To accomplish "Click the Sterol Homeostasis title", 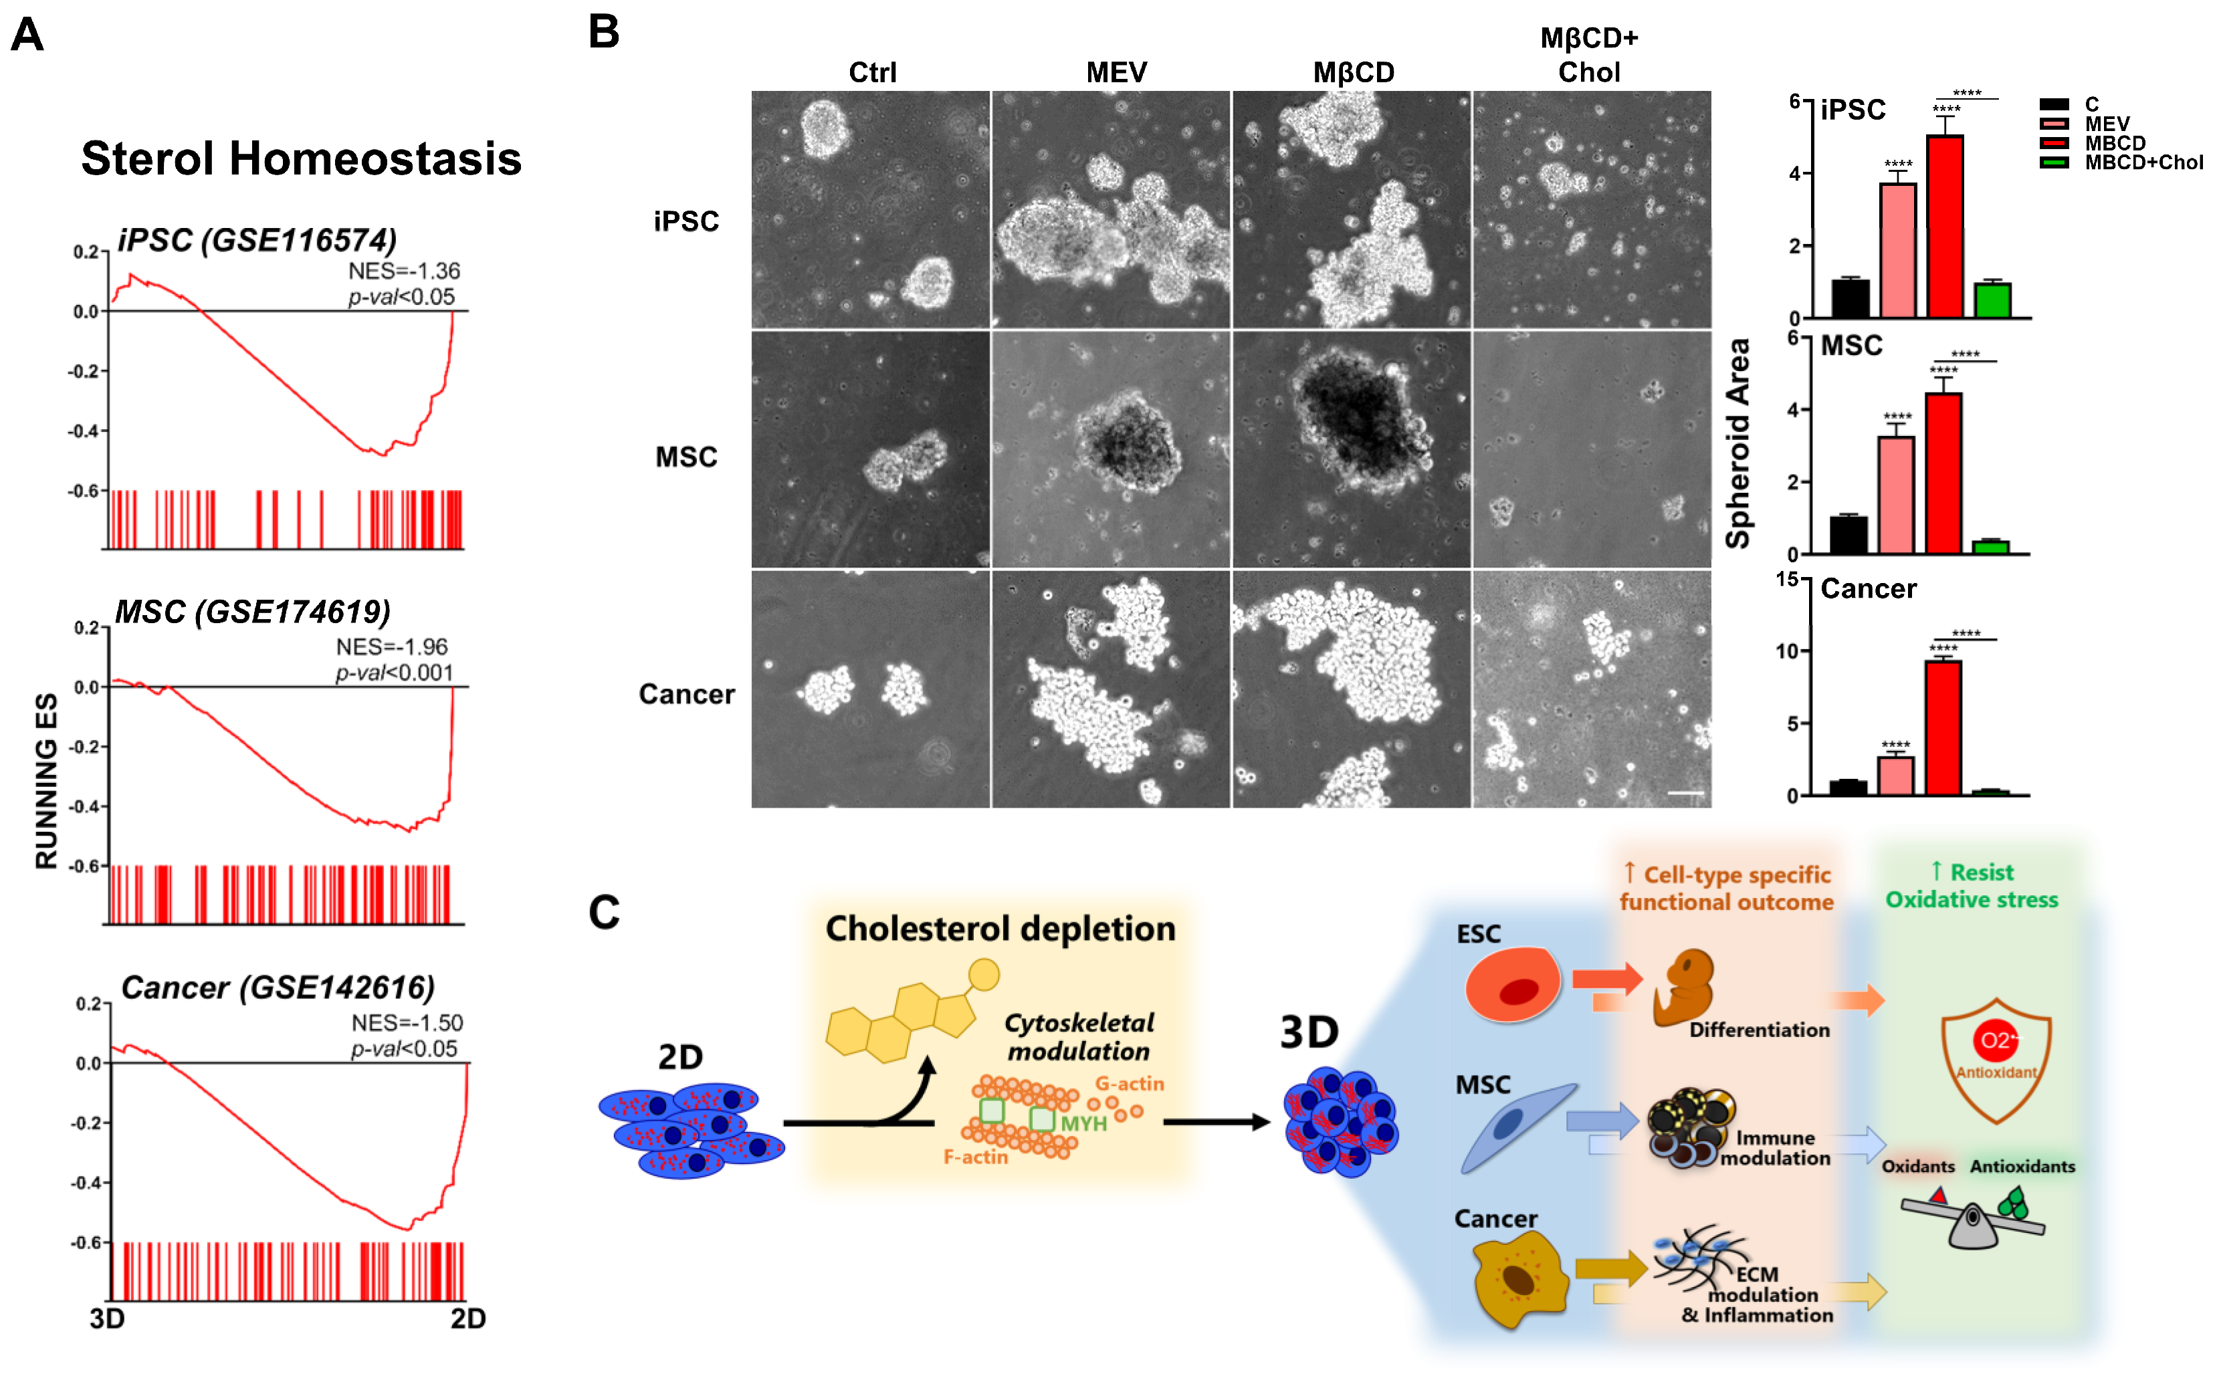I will (x=301, y=158).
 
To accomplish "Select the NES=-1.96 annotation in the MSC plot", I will (x=392, y=647).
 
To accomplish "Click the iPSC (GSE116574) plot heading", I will (x=257, y=241).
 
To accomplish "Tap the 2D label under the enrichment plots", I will (x=467, y=1318).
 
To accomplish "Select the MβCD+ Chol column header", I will (x=1589, y=55).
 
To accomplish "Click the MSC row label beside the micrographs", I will (x=686, y=457).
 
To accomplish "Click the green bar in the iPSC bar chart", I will (x=1993, y=301).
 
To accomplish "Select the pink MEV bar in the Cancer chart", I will (x=1896, y=776).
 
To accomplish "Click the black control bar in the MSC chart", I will (x=1849, y=535).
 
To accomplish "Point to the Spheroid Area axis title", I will (x=1738, y=444).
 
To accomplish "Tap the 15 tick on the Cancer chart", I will (x=1787, y=580).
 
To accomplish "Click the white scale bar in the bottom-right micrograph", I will (x=1685, y=793).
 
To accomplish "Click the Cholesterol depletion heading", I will (x=1000, y=929).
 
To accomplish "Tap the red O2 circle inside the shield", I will (x=1994, y=1040).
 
